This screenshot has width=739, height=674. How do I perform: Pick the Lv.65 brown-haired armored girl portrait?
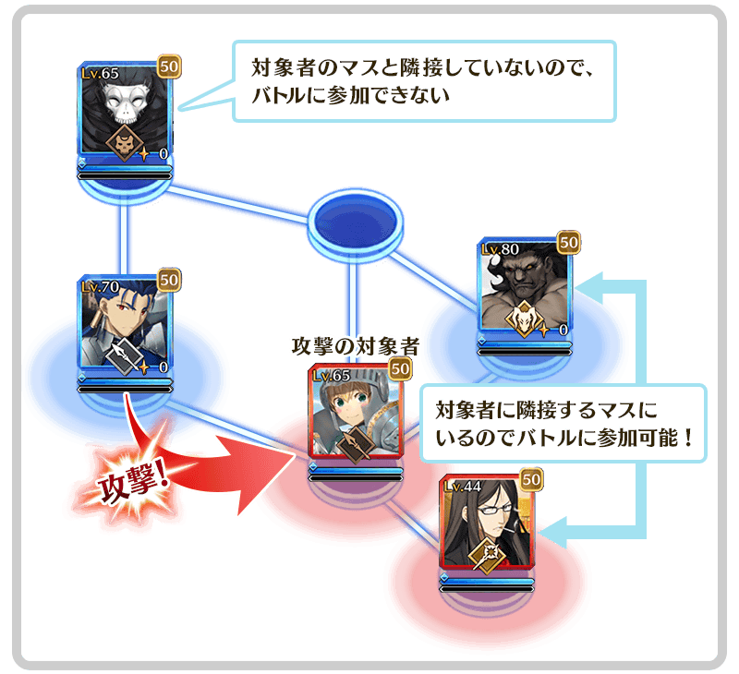[x=355, y=412]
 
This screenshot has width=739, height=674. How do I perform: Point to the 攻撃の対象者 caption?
[x=356, y=347]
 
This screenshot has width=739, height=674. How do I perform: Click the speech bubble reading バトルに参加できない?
[x=424, y=81]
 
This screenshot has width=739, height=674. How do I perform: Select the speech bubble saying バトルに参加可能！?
[x=562, y=424]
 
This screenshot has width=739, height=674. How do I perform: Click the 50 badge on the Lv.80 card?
[x=569, y=243]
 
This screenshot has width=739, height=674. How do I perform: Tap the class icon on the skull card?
[x=125, y=142]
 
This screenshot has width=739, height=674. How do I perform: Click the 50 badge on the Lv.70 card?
[x=169, y=280]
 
